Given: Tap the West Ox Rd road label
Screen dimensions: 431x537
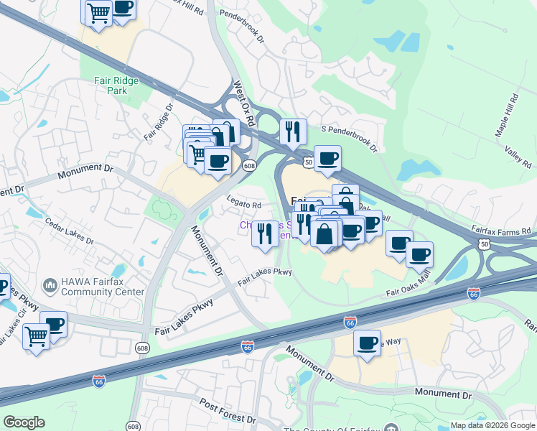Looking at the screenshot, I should pyautogui.click(x=243, y=104).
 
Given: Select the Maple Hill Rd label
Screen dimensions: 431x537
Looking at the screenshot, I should pyautogui.click(x=506, y=115).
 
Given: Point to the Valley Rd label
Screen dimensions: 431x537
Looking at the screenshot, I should pyautogui.click(x=518, y=154).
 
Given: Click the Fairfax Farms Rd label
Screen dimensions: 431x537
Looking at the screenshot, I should pyautogui.click(x=501, y=231).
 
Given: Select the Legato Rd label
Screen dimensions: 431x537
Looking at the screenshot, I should pyautogui.click(x=244, y=205).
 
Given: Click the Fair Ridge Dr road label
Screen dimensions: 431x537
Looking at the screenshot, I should pyautogui.click(x=159, y=123).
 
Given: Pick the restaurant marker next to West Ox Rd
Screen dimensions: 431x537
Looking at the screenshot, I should pyautogui.click(x=293, y=132).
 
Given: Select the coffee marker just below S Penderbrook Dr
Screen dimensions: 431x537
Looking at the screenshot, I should pyautogui.click(x=327, y=159).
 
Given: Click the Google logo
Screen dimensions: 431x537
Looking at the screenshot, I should pyautogui.click(x=24, y=422).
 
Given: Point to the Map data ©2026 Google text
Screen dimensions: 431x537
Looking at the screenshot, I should pyautogui.click(x=492, y=425).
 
